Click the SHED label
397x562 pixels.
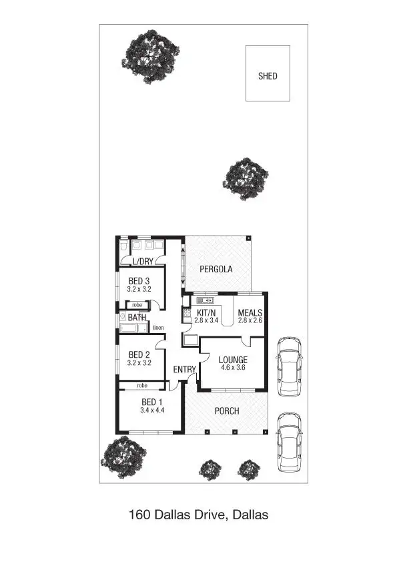(268, 76)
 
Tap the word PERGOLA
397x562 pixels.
(216, 270)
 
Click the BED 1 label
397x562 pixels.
(152, 402)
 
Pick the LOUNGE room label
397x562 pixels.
(234, 360)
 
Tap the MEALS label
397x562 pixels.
(250, 312)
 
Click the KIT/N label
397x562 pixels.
(207, 312)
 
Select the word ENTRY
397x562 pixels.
(184, 369)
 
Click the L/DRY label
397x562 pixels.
(143, 262)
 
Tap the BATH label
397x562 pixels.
(137, 318)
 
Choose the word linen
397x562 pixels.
(158, 328)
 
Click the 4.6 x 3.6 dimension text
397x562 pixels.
(234, 367)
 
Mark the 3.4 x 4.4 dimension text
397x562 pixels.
(152, 410)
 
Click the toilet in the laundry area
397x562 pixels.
(124, 248)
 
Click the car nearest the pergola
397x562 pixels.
(289, 364)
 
